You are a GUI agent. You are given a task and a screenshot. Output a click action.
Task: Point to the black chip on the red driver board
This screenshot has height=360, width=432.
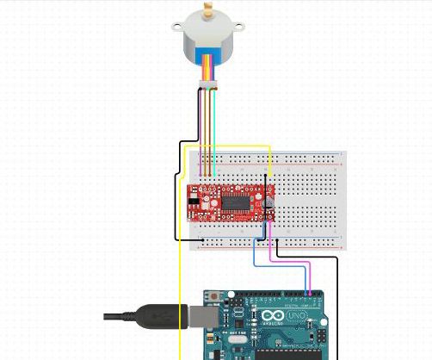point(234,200)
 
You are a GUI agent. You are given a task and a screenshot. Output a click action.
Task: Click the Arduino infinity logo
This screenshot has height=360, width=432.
point(274,318)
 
